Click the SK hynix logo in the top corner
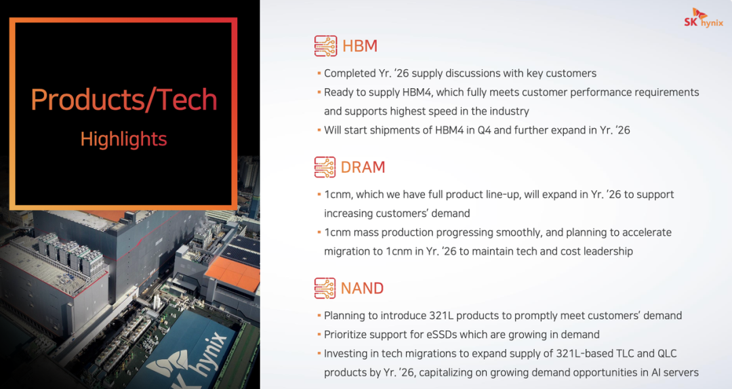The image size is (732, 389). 704,18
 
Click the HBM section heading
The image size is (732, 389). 360,46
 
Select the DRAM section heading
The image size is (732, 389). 363,167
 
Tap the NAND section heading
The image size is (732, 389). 362,288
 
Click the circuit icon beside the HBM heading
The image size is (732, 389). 325,46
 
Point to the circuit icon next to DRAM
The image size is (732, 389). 325,167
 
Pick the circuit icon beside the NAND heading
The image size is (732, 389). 325,288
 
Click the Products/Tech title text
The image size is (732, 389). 124,100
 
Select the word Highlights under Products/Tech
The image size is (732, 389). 124,139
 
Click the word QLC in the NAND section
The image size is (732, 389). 667,354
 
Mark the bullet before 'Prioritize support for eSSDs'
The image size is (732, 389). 319,334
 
